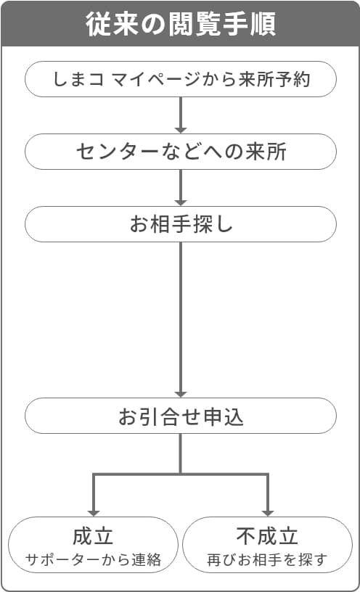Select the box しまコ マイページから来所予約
tap(181, 79)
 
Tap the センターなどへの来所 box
tap(181, 152)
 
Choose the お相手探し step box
tap(181, 224)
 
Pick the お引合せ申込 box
tap(181, 416)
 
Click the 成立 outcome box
tap(94, 545)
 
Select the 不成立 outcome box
tap(267, 545)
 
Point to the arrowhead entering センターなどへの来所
tap(181, 131)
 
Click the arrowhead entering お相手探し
tap(181, 202)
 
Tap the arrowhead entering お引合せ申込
tap(181, 394)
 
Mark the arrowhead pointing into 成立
tap(94, 514)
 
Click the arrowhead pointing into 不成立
tap(267, 514)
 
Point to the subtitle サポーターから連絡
tap(94, 559)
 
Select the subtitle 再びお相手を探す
tap(267, 559)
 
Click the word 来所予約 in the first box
tap(274, 79)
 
